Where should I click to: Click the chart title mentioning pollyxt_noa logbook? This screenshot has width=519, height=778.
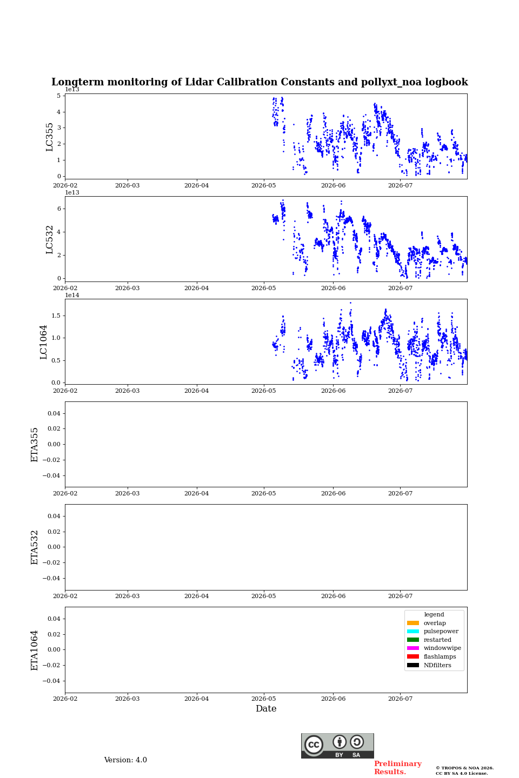coord(259,82)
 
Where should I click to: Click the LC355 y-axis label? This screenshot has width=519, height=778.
coord(49,137)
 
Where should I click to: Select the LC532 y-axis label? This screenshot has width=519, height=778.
coord(49,240)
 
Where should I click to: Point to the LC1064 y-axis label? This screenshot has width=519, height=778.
coord(43,342)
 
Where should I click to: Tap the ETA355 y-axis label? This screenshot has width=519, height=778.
coord(34,445)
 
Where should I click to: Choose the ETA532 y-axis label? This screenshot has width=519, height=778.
coord(34,547)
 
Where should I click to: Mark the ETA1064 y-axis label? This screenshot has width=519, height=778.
coord(34,650)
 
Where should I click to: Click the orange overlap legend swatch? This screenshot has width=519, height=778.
coord(412,623)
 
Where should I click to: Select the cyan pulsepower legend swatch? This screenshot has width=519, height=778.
coord(412,631)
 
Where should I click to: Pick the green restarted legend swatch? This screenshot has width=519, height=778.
coord(412,640)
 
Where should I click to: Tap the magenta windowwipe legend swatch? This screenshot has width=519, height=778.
coord(412,648)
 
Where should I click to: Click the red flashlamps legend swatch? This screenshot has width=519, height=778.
coord(412,656)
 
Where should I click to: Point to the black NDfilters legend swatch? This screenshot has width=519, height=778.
coord(412,665)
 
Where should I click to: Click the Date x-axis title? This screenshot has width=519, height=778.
coord(266,708)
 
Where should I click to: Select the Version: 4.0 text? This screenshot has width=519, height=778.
coord(125,760)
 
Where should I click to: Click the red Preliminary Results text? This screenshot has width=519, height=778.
coord(398,768)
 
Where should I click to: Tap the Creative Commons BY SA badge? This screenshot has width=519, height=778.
coord(337,746)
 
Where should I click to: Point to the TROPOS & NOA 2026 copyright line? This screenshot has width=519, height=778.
coord(464,768)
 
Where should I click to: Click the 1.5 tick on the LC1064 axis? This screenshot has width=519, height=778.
coord(56,316)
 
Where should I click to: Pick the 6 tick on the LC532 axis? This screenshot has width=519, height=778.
coord(59,209)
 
